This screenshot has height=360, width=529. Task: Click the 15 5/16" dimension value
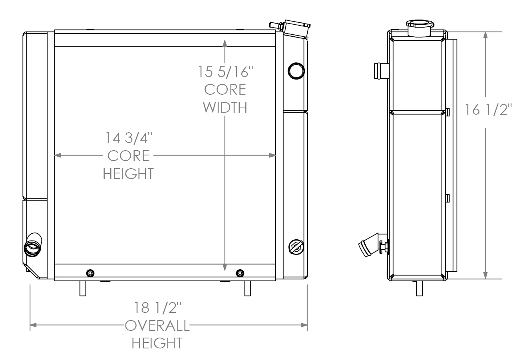tap(226, 72)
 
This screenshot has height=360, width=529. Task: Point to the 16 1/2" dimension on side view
tap(488, 109)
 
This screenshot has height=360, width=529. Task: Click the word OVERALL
tap(157, 326)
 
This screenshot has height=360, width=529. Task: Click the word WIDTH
tap(225, 107)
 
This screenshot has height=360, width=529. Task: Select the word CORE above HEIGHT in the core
tap(129, 156)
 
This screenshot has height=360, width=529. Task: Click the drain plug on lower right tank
tap(296, 246)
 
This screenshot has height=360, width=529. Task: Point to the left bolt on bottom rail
tap(90, 273)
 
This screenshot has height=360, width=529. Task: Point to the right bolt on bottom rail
tap(239, 273)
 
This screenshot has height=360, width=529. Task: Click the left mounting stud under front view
tap(83, 288)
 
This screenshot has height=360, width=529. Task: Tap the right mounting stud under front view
tap(248, 288)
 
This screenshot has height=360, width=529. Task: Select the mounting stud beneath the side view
tap(419, 288)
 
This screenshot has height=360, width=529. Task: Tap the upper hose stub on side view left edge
tap(380, 71)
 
